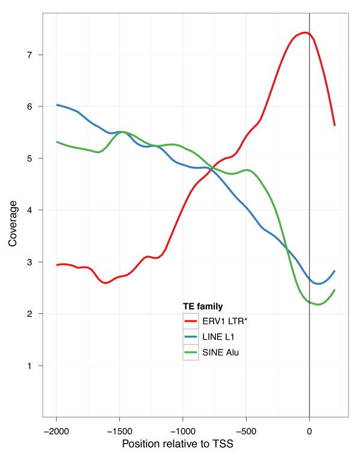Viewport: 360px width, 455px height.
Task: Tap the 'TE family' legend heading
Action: coord(203,306)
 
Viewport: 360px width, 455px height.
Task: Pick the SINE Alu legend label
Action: coord(222,352)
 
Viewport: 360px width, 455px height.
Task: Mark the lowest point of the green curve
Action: coord(319,304)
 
